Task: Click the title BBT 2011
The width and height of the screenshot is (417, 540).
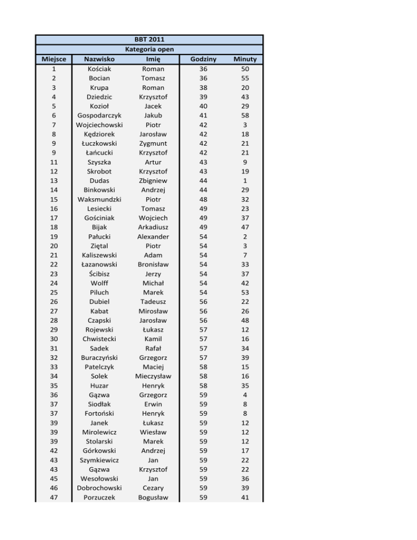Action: pos(149,40)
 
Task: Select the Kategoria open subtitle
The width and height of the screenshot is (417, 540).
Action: pos(149,49)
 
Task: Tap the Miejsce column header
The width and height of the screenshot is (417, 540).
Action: pos(54,59)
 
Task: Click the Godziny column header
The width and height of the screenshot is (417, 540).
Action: pos(203,59)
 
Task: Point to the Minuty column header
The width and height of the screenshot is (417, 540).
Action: pos(245,59)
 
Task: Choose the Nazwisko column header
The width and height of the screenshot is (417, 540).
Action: pos(99,59)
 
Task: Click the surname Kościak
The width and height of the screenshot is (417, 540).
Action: pos(99,69)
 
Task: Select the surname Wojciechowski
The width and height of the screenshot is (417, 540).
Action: pos(99,125)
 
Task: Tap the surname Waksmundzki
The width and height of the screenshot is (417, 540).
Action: pos(99,199)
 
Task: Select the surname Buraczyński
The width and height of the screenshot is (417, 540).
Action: pos(99,358)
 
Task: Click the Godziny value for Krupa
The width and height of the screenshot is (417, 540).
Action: pos(203,87)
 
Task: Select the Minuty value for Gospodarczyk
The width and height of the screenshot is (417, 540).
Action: pos(245,116)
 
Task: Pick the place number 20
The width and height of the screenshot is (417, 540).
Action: pos(54,246)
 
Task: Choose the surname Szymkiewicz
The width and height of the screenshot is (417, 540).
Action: pos(99,460)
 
